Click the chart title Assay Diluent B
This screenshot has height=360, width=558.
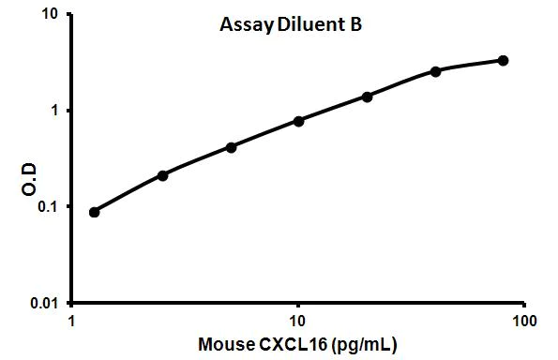tap(284, 25)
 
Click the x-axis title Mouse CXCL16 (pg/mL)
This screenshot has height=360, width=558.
tap(297, 343)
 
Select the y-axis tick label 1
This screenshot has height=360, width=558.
tap(55, 111)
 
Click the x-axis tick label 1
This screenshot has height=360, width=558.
tap(72, 320)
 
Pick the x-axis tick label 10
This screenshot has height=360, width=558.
tap(297, 320)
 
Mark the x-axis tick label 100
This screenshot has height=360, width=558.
tap(523, 320)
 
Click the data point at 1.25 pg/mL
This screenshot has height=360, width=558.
tap(95, 212)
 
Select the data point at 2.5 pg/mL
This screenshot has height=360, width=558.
tap(163, 175)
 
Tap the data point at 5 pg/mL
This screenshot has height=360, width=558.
tap(231, 147)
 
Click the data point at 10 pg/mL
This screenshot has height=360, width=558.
tap(298, 121)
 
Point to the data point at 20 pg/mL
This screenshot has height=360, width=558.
tap(367, 97)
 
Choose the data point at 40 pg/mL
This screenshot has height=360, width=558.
tap(435, 71)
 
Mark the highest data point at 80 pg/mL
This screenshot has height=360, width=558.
tap(503, 61)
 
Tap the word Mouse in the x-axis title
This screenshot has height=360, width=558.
tap(223, 343)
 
